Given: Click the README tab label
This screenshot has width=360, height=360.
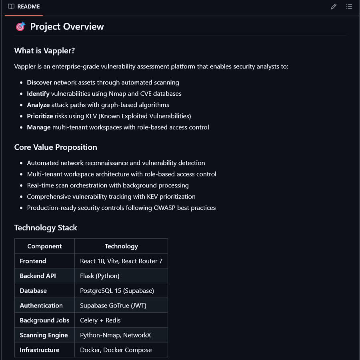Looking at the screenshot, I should click(28, 6).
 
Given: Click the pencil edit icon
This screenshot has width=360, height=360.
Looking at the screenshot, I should click(334, 6).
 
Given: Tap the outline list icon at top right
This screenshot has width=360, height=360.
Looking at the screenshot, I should click(349, 6).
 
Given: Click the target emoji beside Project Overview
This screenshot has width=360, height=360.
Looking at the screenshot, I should click(20, 27).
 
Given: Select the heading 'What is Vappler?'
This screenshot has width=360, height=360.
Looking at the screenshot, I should click(44, 51).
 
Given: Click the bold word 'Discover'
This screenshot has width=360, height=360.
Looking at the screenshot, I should click(39, 82).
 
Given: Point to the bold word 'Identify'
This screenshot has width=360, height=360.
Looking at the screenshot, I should click(38, 94).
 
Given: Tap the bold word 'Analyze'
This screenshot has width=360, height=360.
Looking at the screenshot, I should click(38, 105).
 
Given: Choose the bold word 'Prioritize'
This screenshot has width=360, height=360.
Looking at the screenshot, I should click(40, 116).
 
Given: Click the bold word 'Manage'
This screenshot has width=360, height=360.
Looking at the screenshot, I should click(39, 127).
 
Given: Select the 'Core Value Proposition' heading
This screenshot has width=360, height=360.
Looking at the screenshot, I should click(56, 147).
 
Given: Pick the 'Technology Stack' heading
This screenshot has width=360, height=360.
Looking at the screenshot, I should click(46, 228).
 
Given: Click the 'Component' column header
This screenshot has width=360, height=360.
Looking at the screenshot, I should click(44, 246).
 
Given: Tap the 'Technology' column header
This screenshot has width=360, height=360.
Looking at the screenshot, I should click(121, 246).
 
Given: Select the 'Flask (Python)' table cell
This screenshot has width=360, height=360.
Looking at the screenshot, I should click(100, 276).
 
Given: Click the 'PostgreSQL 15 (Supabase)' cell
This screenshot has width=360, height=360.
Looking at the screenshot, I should click(117, 291).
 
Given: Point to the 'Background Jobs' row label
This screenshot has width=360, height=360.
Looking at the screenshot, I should click(44, 320).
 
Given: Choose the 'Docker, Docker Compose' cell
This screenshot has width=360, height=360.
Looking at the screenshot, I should click(116, 350).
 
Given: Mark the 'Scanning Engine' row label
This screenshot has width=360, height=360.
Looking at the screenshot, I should click(44, 335).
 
